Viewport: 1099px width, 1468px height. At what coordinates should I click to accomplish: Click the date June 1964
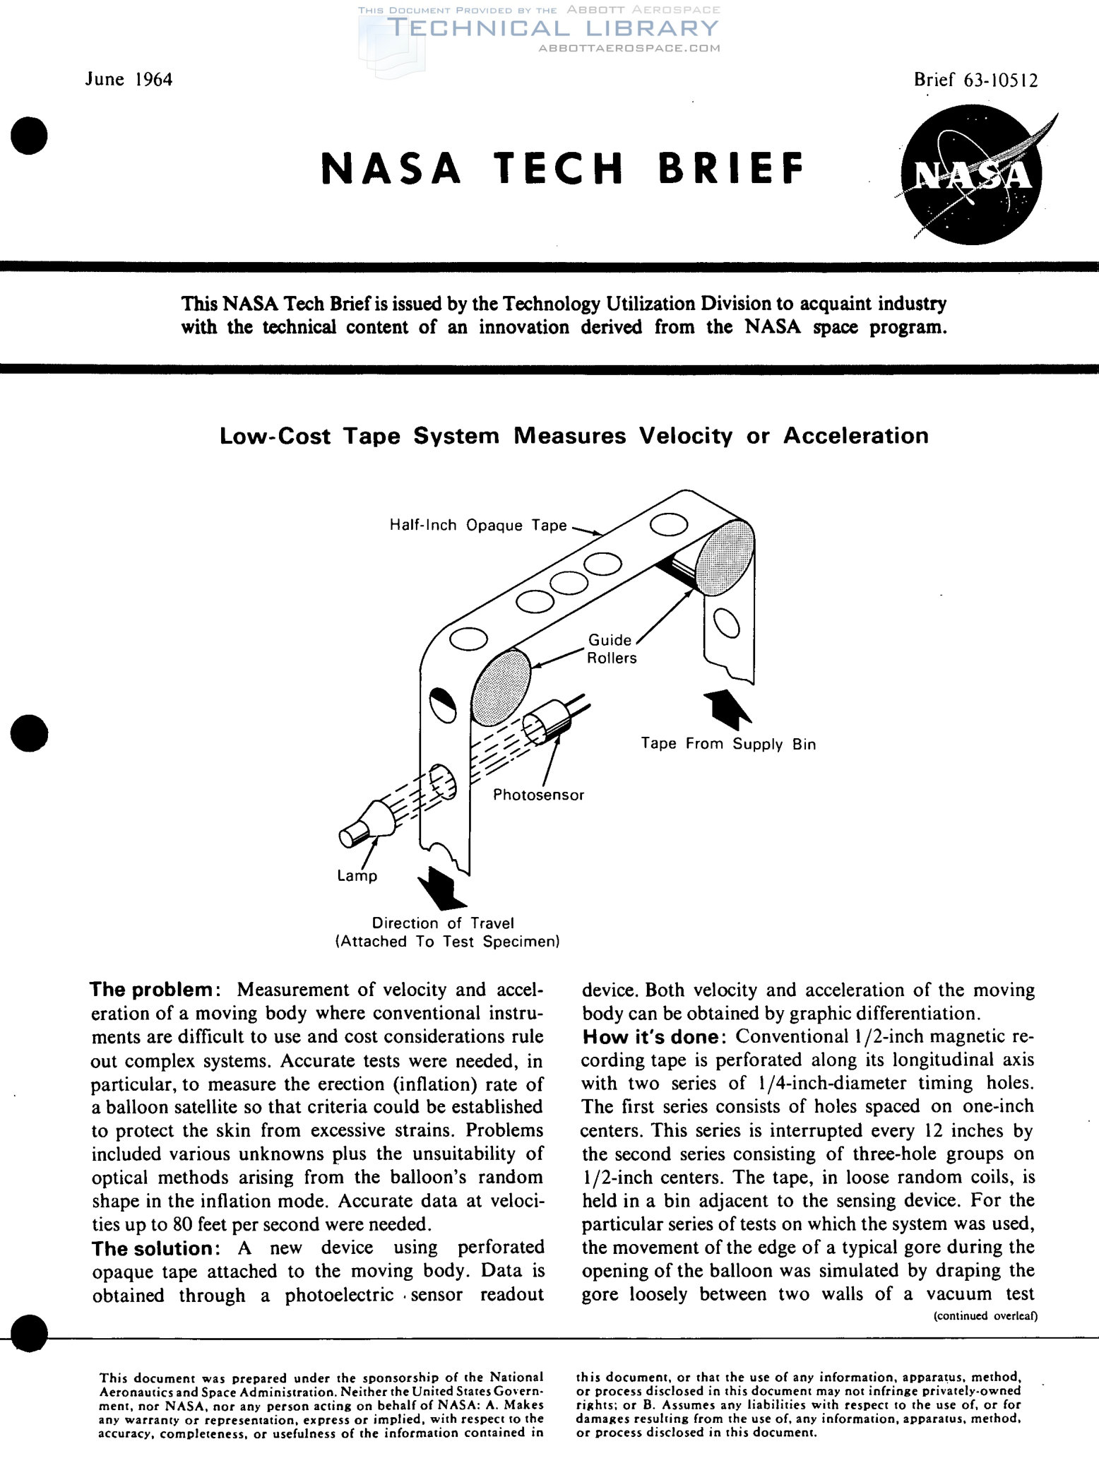click(129, 79)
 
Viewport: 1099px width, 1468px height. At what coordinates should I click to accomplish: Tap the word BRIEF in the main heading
click(731, 169)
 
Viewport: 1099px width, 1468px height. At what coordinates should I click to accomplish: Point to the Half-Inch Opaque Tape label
click(478, 525)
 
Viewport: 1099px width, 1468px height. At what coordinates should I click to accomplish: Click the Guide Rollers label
click(612, 649)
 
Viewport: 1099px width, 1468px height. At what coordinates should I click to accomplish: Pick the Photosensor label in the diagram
click(538, 795)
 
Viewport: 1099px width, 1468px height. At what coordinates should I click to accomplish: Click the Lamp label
click(357, 876)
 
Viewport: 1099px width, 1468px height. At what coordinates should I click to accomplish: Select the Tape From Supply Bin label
click(728, 744)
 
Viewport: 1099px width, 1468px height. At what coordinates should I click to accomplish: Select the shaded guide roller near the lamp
click(501, 687)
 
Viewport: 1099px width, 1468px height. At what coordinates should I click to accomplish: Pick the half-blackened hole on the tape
click(443, 704)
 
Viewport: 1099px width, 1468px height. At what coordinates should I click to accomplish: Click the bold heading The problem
click(151, 990)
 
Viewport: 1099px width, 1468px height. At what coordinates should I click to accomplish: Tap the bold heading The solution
click(151, 1248)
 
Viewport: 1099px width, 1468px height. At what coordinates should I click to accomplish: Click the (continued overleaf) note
click(985, 1315)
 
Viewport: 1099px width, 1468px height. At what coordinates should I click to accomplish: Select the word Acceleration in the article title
click(855, 436)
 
